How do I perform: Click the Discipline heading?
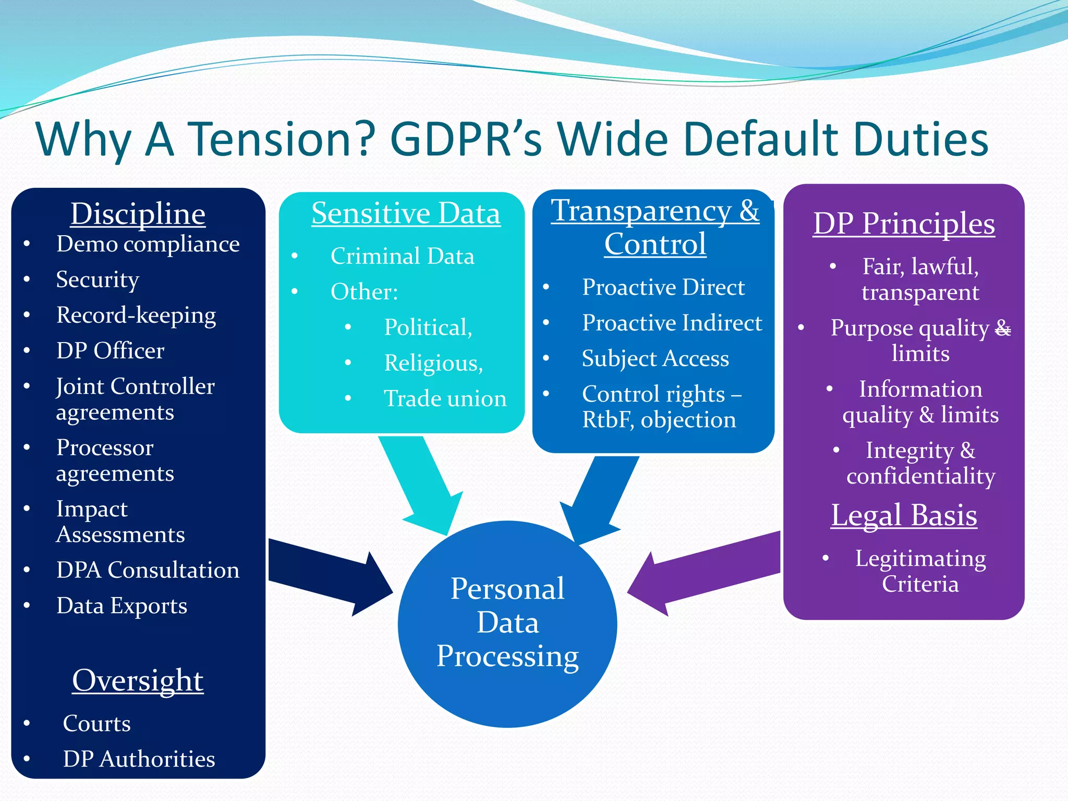pyautogui.click(x=138, y=214)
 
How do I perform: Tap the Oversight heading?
pyautogui.click(x=138, y=680)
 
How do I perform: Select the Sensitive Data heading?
pyautogui.click(x=406, y=213)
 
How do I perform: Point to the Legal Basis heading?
pyautogui.click(x=904, y=515)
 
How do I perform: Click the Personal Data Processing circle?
pyautogui.click(x=507, y=624)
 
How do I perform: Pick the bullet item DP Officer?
pyautogui.click(x=110, y=350)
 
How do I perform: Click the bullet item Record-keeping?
pyautogui.click(x=136, y=315)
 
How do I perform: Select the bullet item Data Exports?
pyautogui.click(x=122, y=605)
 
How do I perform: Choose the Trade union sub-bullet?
pyautogui.click(x=445, y=398)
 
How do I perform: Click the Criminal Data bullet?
pyautogui.click(x=402, y=256)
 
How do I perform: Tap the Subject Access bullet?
pyautogui.click(x=655, y=358)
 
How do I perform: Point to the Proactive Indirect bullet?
pyautogui.click(x=672, y=323)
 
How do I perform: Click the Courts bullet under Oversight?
pyautogui.click(x=96, y=723)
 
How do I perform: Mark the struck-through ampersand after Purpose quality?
pyautogui.click(x=1003, y=329)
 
